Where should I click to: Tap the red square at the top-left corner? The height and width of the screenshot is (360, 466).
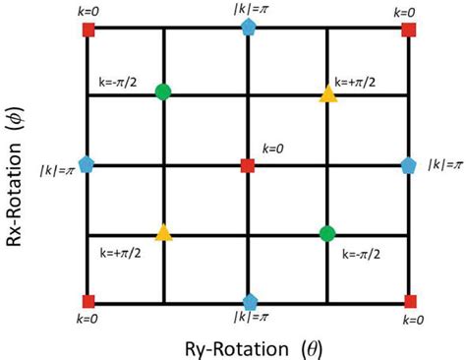[x=87, y=30]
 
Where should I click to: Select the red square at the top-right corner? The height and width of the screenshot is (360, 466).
[x=408, y=30]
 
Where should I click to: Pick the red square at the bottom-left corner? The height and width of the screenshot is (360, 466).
[x=87, y=301]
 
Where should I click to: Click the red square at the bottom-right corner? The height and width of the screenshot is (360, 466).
[x=408, y=301]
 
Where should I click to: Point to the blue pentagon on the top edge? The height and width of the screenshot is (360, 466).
[x=248, y=30]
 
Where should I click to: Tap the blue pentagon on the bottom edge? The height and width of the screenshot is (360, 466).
[x=248, y=301]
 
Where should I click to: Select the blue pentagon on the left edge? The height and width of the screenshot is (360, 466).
[x=87, y=165]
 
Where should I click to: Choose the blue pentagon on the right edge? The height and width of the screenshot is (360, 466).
[x=408, y=165]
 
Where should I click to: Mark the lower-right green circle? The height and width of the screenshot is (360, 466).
[x=327, y=234]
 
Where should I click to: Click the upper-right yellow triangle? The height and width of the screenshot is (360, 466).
[x=327, y=94]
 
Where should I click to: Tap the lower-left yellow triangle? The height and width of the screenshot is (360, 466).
[x=163, y=234]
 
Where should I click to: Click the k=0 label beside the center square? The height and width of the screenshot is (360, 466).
[x=272, y=149]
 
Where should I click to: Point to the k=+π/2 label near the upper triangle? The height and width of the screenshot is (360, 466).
[x=359, y=82]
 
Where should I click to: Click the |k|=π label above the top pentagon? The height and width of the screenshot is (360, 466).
[x=248, y=8]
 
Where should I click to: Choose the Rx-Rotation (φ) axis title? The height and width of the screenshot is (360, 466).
[x=17, y=165]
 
